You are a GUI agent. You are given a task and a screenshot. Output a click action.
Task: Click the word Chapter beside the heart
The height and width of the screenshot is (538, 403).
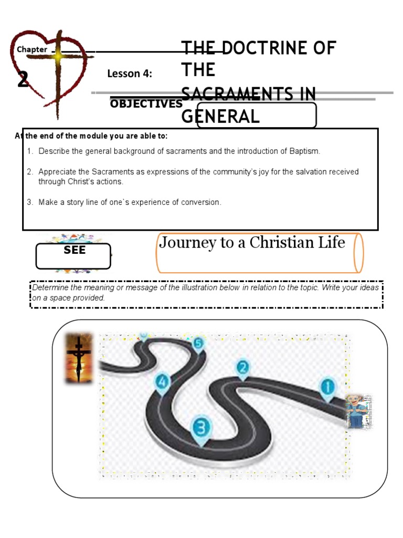click(32, 50)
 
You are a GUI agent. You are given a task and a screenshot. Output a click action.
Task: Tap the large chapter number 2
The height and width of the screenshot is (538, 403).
click(23, 80)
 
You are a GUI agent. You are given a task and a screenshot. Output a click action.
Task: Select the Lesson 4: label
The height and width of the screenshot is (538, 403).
click(130, 74)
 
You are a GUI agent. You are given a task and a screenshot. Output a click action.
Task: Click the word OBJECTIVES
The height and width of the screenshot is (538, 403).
click(146, 104)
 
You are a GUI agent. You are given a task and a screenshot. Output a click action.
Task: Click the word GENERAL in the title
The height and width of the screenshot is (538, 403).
click(220, 116)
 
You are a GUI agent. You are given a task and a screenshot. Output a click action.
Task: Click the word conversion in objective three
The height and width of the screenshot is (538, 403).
click(201, 202)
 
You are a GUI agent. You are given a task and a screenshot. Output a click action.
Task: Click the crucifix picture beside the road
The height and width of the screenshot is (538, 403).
click(79, 358)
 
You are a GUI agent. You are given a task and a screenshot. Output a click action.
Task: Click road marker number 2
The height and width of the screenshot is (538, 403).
click(242, 368)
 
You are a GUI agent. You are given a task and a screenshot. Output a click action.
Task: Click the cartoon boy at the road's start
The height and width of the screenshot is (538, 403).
click(358, 410)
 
